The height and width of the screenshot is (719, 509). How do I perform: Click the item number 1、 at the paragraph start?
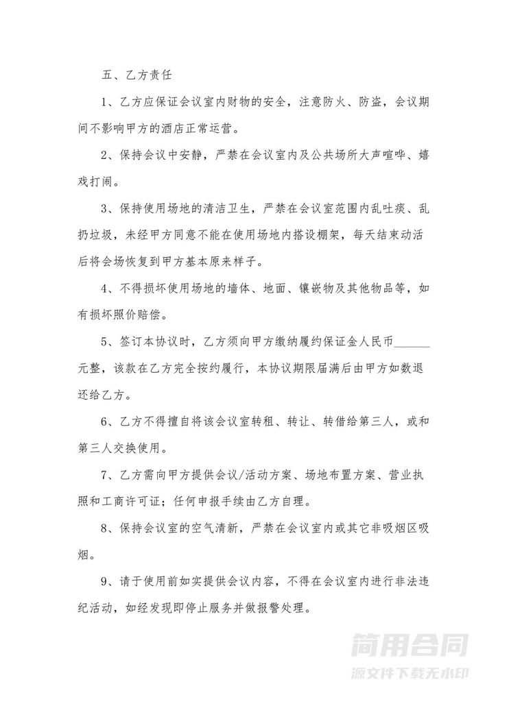(x=107, y=102)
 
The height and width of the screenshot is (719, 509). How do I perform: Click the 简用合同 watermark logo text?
(x=410, y=646)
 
